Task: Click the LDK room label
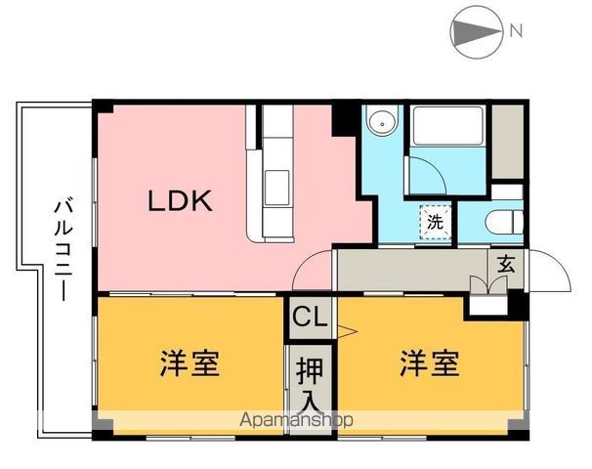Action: [x=180, y=201]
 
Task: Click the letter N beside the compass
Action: [x=516, y=29]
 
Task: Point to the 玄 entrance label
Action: [x=505, y=263]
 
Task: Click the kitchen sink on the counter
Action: [x=275, y=182]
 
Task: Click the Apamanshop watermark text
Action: [x=297, y=419]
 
